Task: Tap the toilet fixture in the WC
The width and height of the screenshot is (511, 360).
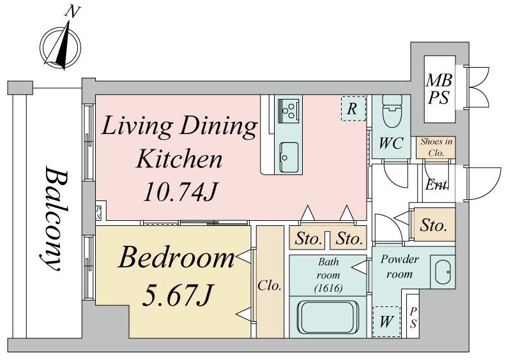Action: pyautogui.click(x=391, y=111)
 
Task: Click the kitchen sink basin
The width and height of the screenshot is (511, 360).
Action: pyautogui.click(x=289, y=158)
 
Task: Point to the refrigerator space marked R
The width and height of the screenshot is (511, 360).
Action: pyautogui.click(x=354, y=109)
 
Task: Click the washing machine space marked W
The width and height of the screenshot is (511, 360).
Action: pyautogui.click(x=386, y=322)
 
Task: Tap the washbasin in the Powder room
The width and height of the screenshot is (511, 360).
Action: pyautogui.click(x=442, y=272)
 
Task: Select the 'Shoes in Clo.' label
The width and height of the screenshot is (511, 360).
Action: pyautogui.click(x=436, y=147)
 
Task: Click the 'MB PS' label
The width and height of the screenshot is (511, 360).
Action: pyautogui.click(x=439, y=89)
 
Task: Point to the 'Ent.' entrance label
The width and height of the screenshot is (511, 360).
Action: pyautogui.click(x=437, y=185)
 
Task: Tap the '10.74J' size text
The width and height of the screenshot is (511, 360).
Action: pyautogui.click(x=179, y=191)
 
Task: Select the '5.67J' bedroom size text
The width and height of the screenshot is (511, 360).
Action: pyautogui.click(x=178, y=295)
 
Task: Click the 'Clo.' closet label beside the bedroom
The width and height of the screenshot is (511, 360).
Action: pyautogui.click(x=270, y=286)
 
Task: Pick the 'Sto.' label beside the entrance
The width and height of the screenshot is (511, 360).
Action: pyautogui.click(x=433, y=225)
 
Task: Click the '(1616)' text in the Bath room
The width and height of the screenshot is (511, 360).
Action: pyautogui.click(x=328, y=288)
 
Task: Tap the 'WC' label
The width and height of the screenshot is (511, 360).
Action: pyautogui.click(x=391, y=144)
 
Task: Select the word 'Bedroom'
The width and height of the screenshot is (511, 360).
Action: pyautogui.click(x=176, y=258)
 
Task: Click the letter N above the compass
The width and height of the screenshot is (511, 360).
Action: pyautogui.click(x=72, y=12)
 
